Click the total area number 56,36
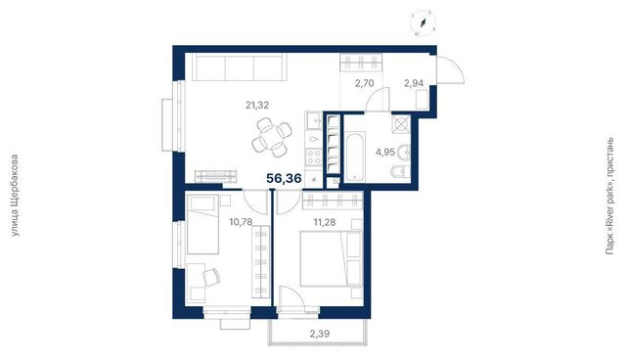coord(284,178)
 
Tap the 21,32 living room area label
coord(257,106)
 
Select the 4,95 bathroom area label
coord(385,152)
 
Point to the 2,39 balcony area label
coord(320,334)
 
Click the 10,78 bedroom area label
coord(241,222)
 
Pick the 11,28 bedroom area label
coord(325,222)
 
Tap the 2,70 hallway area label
coord(365,83)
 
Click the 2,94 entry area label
coord(414,83)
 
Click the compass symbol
coord(424,22)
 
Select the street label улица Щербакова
coord(15,196)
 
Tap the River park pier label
coord(609,196)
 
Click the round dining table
coord(272,137)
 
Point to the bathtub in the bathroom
coord(354,157)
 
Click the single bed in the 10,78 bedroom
coord(202,224)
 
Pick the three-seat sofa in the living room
coord(239,67)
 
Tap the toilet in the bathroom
coord(401,172)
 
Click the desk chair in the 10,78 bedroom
coord(211,277)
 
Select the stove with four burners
coord(313,157)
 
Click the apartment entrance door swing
coord(450,70)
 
